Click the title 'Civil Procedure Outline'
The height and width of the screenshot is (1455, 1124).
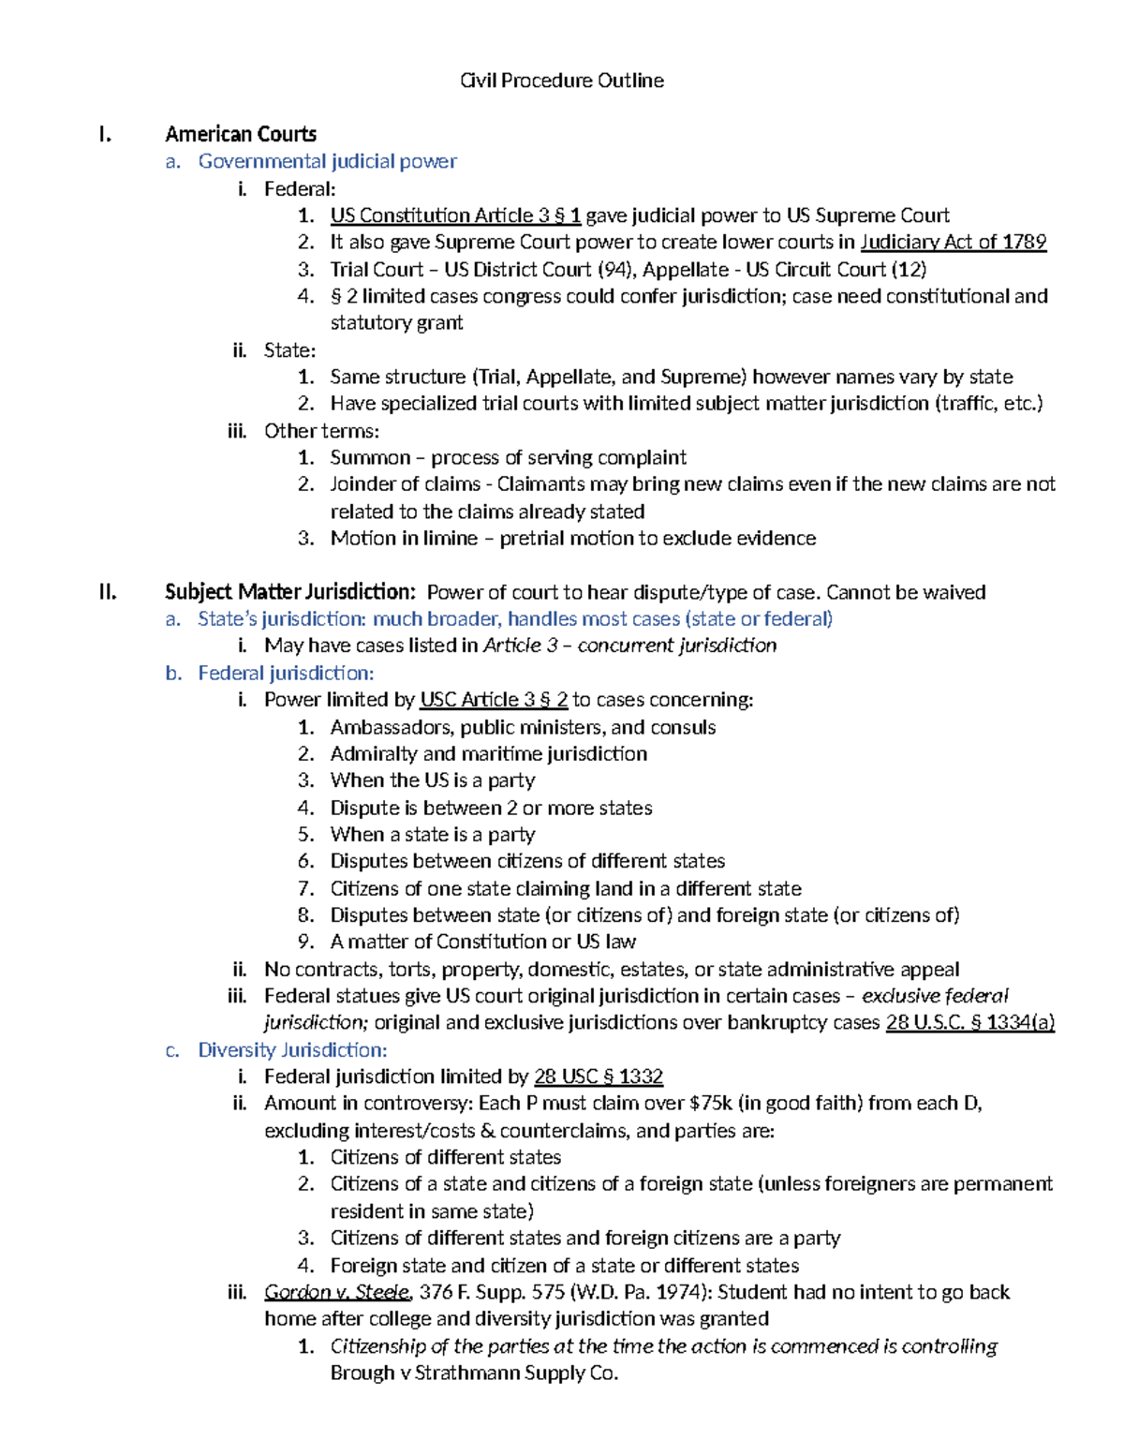[561, 81]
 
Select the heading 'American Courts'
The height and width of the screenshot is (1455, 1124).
[241, 134]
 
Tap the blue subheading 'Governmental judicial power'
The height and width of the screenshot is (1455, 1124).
[327, 161]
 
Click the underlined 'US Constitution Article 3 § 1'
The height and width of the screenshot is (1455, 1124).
[455, 215]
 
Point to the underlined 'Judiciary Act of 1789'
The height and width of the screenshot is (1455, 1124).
[953, 242]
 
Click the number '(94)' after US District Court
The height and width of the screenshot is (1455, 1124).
[614, 270]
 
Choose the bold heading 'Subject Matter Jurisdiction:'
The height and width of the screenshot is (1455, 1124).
[289, 592]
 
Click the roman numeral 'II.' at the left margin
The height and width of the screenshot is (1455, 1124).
[108, 592]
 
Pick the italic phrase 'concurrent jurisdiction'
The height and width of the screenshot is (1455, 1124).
[676, 646]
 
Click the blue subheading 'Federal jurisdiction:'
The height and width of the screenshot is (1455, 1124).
[286, 673]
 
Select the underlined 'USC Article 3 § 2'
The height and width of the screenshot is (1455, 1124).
[494, 700]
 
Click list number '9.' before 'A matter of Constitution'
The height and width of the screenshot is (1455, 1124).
[306, 942]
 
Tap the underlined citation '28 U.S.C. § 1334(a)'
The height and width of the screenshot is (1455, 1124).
[969, 1022]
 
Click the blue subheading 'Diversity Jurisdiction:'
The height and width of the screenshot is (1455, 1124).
[292, 1049]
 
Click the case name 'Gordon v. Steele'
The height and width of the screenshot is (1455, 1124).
[337, 1292]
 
